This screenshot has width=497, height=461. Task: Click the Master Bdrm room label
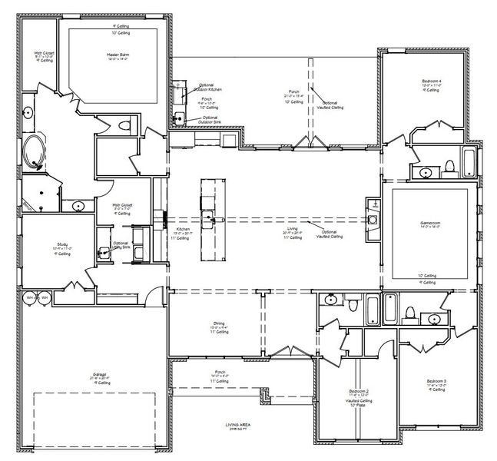117,56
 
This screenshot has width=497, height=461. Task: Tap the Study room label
41,244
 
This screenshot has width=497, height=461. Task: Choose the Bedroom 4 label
432,81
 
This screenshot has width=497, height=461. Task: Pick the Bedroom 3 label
436,382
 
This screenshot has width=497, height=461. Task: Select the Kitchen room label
183,230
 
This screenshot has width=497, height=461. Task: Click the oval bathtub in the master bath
34,152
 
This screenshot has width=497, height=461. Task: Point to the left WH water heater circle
30,297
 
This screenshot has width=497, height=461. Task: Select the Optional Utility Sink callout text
121,245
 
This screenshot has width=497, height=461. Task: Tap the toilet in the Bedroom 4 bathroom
449,166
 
